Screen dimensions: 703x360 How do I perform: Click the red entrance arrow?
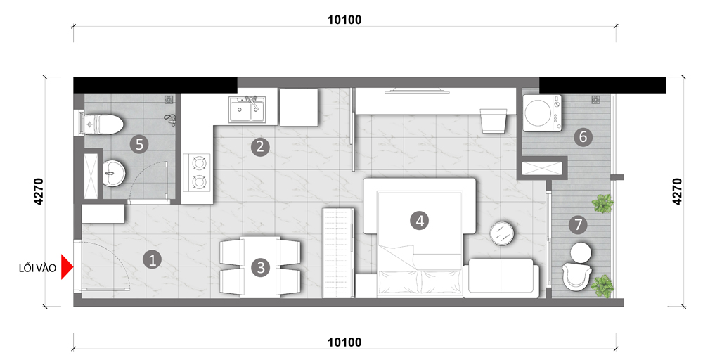pyautogui.click(x=67, y=268)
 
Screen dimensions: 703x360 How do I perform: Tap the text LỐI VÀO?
pyautogui.click(x=38, y=268)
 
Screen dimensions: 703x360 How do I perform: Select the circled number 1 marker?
pyautogui.click(x=152, y=259)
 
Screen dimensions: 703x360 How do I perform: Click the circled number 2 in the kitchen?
pyautogui.click(x=260, y=147)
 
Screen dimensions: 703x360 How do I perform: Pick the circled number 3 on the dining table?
pyautogui.click(x=261, y=268)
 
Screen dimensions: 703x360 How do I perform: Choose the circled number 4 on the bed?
pyautogui.click(x=420, y=220)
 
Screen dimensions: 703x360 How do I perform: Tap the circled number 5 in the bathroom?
pyautogui.click(x=139, y=144)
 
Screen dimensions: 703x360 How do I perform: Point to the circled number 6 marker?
pyautogui.click(x=583, y=136)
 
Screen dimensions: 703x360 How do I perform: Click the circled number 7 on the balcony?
pyautogui.click(x=578, y=224)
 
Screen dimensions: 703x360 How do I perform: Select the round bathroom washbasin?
pyautogui.click(x=114, y=174)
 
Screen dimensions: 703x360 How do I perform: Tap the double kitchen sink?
pyautogui.click(x=246, y=110)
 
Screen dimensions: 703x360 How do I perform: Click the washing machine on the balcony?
pyautogui.click(x=542, y=113)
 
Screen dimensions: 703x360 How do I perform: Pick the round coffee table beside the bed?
pyautogui.click(x=503, y=233)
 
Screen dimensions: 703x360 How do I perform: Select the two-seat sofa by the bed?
pyautogui.click(x=501, y=278)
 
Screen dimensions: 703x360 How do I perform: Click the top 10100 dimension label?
pyautogui.click(x=344, y=20)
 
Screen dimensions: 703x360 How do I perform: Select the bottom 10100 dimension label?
pyautogui.click(x=344, y=342)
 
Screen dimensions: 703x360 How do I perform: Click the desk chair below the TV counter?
pyautogui.click(x=494, y=120)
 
